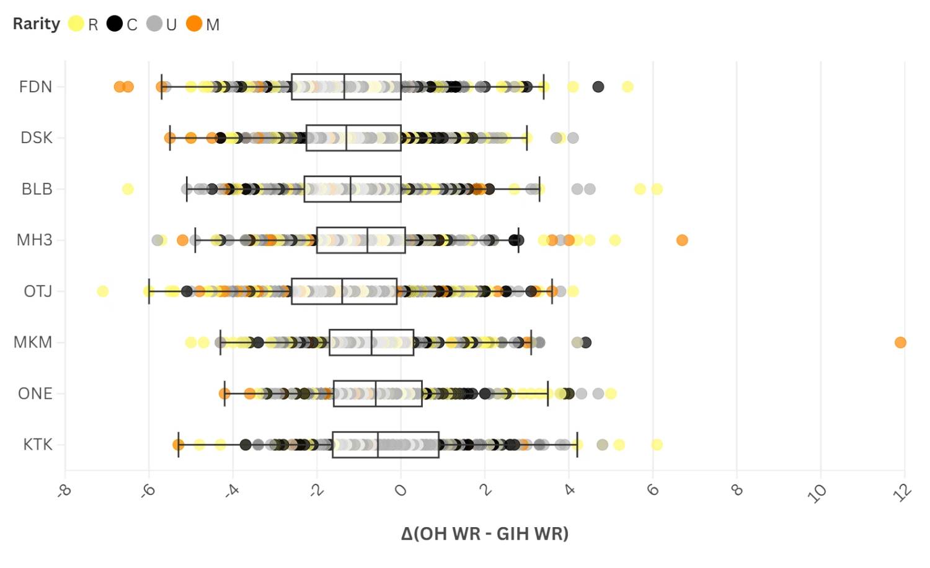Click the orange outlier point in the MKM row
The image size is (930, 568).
click(x=900, y=343)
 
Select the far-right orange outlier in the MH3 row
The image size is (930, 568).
click(x=682, y=240)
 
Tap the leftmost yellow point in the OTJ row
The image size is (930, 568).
click(x=103, y=291)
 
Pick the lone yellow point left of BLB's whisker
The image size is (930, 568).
click(x=128, y=189)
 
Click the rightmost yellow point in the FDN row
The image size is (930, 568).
click(x=627, y=87)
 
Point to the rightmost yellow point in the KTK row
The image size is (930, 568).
click(x=657, y=445)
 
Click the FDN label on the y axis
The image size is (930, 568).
click(x=35, y=87)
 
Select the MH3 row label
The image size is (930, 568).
click(x=35, y=240)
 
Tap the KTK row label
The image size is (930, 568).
click(x=37, y=445)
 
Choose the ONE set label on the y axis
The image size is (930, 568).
click(x=35, y=393)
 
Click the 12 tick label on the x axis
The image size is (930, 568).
click(x=903, y=492)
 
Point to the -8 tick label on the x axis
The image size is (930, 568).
click(x=64, y=492)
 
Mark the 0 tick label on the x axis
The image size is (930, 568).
click(x=401, y=491)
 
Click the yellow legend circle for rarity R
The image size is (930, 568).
click(x=76, y=24)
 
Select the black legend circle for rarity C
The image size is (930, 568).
click(x=115, y=24)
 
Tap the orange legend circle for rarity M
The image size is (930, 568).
click(x=194, y=24)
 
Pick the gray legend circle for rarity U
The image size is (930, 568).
click(x=154, y=24)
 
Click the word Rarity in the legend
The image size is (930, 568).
click(x=37, y=24)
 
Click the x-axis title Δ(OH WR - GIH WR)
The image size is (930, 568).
click(x=484, y=533)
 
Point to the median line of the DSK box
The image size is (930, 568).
click(x=347, y=138)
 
